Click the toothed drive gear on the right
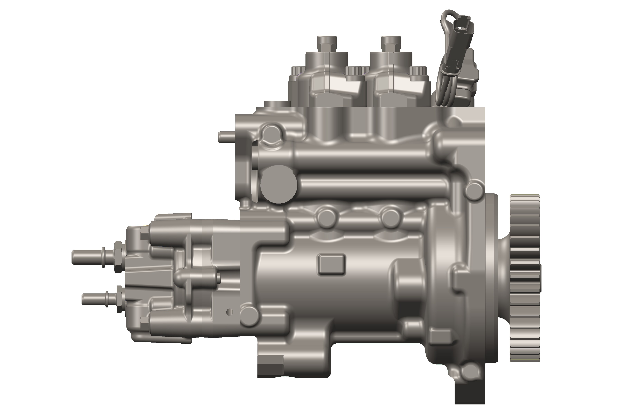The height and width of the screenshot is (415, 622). (x=524, y=278)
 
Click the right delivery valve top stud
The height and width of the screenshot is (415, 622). (x=391, y=42)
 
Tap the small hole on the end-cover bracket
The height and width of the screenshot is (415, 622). (x=230, y=312)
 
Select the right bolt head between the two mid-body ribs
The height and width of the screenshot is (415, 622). (x=391, y=218)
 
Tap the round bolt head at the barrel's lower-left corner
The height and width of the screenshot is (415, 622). (x=249, y=316)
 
